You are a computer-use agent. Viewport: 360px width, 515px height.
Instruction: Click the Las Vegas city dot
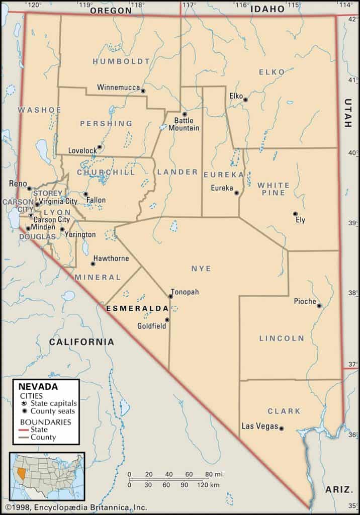282,428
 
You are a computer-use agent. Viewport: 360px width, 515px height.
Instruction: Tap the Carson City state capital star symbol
31,215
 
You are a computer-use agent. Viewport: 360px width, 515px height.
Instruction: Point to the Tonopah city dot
170,296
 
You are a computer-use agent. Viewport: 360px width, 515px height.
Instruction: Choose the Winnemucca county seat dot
143,91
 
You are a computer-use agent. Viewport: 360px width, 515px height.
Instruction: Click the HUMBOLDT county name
121,61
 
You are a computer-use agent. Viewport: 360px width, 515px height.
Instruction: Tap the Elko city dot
245,100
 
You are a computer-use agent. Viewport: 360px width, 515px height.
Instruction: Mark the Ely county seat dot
295,214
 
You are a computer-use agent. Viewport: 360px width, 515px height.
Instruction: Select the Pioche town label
305,302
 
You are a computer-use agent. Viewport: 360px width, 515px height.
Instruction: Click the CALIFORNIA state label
81,341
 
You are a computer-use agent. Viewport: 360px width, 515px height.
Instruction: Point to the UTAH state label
348,113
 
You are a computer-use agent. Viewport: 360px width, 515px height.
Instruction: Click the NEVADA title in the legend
38,387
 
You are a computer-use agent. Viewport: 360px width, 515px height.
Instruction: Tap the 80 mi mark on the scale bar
210,474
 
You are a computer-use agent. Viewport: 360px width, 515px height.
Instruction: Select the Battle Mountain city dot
185,114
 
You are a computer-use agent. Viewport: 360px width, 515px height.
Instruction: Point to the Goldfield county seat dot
167,320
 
